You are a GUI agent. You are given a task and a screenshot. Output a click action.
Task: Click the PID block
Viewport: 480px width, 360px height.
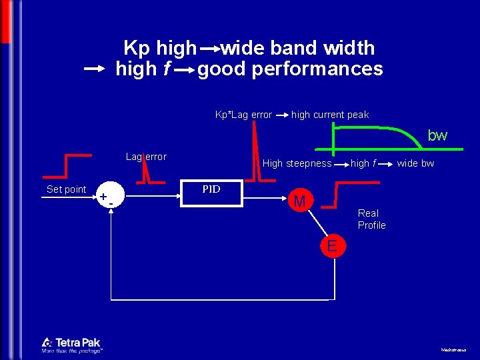[211, 193]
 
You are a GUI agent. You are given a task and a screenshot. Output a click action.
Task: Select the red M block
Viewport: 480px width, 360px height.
[299, 201]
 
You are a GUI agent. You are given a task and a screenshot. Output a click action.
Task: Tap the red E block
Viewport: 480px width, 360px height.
[333, 247]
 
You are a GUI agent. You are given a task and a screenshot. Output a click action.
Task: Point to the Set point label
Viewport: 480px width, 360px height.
[66, 189]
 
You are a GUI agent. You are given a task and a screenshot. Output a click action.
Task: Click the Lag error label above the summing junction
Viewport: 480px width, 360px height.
[146, 157]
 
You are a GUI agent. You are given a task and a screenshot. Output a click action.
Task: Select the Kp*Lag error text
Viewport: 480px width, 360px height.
[243, 115]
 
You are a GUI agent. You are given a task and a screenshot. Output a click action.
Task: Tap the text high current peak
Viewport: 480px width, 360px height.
[330, 115]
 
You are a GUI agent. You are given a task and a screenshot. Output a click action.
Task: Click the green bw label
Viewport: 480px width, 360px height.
[437, 136]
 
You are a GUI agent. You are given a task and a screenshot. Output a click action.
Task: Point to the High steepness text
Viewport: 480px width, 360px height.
[297, 163]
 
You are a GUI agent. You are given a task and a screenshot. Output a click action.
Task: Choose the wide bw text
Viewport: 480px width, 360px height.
[415, 163]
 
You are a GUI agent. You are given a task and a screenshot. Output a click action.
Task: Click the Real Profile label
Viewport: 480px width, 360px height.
[371, 219]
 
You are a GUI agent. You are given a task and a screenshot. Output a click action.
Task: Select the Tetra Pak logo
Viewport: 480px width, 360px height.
[71, 345]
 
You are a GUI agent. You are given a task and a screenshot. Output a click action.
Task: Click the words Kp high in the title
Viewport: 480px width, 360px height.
[160, 48]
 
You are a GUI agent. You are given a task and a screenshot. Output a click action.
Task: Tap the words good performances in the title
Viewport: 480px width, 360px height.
[290, 69]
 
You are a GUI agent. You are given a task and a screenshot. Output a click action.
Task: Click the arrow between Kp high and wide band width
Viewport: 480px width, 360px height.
[209, 49]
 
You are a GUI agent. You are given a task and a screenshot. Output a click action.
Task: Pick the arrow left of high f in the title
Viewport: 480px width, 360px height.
[95, 69]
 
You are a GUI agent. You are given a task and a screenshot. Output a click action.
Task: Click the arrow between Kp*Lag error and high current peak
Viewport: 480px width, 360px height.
[281, 115]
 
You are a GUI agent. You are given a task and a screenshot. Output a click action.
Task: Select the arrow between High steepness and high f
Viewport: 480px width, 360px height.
[341, 163]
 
